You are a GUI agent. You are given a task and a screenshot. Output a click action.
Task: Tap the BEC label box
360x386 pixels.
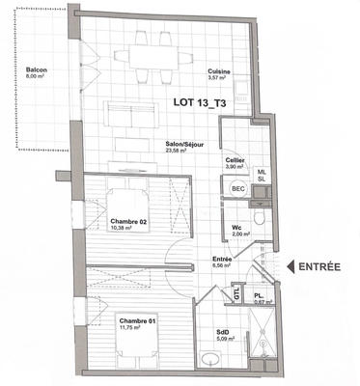[237, 189]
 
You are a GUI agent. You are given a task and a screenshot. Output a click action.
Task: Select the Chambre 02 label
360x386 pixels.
[129, 224]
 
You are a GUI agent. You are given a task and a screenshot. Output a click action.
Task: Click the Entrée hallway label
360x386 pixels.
[223, 264]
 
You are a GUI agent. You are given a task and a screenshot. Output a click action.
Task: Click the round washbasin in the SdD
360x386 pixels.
[210, 360]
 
